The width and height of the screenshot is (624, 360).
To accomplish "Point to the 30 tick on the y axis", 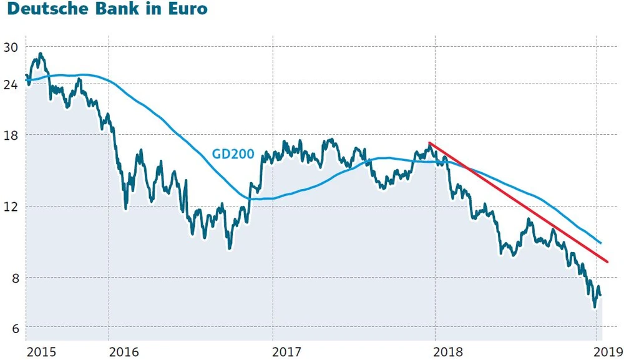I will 11,47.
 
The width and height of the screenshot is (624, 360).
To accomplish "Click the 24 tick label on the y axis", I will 11,84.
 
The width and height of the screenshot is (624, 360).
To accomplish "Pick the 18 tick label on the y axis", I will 11,135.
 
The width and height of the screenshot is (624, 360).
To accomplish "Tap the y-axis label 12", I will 11,207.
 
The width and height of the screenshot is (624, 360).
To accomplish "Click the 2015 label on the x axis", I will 39,352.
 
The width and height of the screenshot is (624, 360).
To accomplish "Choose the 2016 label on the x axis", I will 124,352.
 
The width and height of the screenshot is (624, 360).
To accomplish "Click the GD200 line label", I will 231,153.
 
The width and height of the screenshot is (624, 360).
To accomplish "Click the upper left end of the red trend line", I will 429,143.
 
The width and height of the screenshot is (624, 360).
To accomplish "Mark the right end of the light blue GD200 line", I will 600,243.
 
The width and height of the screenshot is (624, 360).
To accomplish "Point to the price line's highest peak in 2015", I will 41,54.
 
